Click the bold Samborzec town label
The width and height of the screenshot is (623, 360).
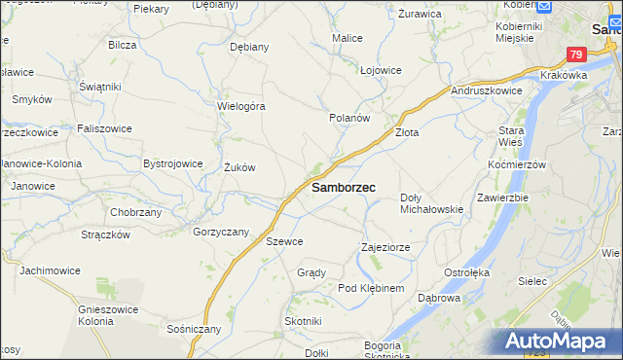coord(344,187)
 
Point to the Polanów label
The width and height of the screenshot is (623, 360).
coord(349,117)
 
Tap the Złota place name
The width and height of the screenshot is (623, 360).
coord(406,132)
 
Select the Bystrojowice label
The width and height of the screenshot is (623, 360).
coord(172,164)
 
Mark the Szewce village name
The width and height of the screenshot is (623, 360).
coord(284,241)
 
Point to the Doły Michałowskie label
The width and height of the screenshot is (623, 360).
coord(431,203)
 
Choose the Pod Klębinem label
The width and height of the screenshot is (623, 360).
coord(370,289)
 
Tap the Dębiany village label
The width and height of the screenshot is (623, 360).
coord(248,46)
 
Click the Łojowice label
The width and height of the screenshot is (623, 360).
coord(381,70)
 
